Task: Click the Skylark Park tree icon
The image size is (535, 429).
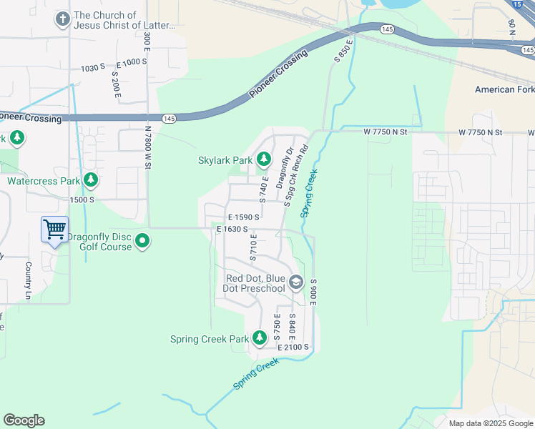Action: click(264, 159)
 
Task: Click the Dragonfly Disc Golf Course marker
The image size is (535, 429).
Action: click(142, 241)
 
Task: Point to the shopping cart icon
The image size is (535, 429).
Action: click(54, 230)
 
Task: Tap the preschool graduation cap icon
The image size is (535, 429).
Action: click(295, 283)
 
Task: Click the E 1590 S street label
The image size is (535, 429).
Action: click(242, 217)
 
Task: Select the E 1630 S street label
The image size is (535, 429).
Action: click(233, 230)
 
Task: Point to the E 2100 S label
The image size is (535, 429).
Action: click(293, 347)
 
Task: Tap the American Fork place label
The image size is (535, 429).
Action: click(504, 89)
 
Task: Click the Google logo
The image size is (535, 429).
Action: click(24, 420)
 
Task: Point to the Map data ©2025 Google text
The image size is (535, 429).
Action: click(490, 423)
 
